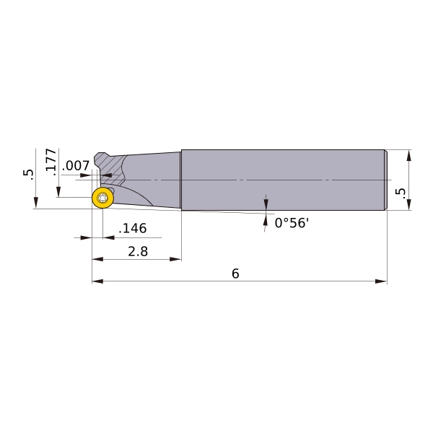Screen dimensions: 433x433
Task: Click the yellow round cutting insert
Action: (x=102, y=198)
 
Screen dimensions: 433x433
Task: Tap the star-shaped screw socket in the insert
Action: (x=102, y=198)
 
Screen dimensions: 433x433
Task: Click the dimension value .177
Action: (x=51, y=160)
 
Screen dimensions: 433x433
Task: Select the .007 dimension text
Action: (x=76, y=166)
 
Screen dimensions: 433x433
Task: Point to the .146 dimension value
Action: (x=133, y=228)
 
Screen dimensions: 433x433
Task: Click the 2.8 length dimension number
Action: (x=138, y=252)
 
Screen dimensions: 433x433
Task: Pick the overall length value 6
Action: (x=235, y=274)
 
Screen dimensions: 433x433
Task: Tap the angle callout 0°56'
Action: (x=292, y=222)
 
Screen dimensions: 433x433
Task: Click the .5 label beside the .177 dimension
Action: (x=28, y=175)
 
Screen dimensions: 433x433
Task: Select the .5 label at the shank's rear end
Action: (x=401, y=193)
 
